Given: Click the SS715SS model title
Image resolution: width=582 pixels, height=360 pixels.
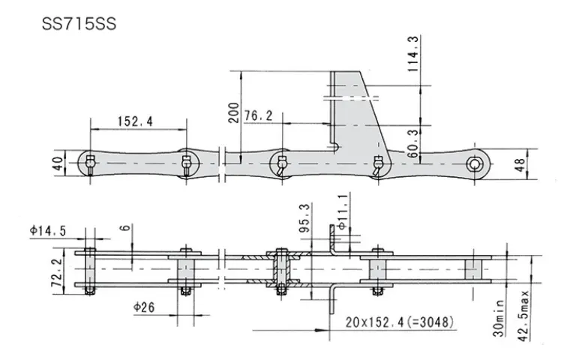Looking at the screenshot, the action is (x=79, y=24).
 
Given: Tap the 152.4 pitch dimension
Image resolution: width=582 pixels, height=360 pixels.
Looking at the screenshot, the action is (x=135, y=121).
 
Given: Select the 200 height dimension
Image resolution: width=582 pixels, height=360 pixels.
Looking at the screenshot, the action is (x=234, y=112).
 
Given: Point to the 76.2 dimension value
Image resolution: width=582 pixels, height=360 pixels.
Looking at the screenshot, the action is (x=258, y=115).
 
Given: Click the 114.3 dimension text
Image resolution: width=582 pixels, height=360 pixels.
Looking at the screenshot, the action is (x=413, y=54).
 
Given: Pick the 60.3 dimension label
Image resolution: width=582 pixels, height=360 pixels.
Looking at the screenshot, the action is (x=412, y=144).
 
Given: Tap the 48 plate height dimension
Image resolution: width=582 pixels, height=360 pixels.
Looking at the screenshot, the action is (x=520, y=165).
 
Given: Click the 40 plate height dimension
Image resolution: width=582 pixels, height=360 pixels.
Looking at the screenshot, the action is (x=58, y=163).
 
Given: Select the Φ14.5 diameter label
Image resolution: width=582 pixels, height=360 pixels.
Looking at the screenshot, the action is (x=48, y=231).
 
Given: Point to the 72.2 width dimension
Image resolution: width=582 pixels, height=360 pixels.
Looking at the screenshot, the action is (x=57, y=273).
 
